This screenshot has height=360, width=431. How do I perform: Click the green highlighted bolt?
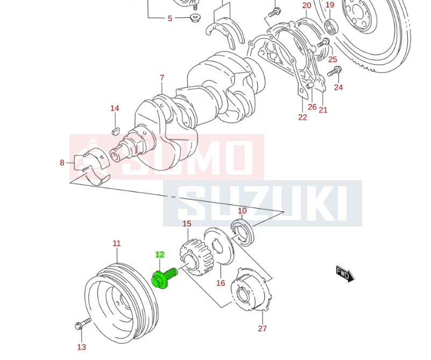point(163,277)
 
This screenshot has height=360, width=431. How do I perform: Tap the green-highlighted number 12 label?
point(160,255)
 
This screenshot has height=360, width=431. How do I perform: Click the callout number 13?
point(81,347)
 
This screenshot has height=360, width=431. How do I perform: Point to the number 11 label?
point(117,244)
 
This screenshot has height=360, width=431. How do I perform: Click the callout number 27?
point(262,329)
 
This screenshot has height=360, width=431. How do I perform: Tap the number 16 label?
point(221,283)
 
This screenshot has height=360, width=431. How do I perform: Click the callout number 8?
point(62,163)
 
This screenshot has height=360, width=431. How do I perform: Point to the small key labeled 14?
point(115,130)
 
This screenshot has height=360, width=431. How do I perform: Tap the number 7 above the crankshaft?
point(162,78)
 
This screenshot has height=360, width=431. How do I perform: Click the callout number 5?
point(170,18)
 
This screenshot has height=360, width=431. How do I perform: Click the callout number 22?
point(302,117)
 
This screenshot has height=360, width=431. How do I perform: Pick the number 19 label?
point(330,5)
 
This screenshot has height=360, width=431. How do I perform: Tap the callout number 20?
point(307,5)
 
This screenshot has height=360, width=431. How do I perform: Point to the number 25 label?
point(333,59)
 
